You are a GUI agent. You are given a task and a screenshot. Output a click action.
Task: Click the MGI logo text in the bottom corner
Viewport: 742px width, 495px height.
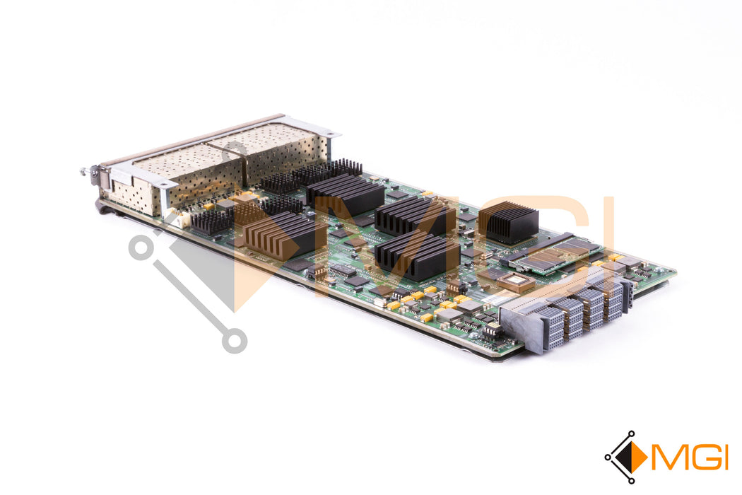(x=689, y=457)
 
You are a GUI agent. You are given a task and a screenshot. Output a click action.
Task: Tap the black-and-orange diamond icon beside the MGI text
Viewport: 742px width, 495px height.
(x=627, y=457)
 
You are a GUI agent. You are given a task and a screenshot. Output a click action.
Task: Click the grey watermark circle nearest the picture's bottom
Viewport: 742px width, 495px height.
(x=235, y=341)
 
